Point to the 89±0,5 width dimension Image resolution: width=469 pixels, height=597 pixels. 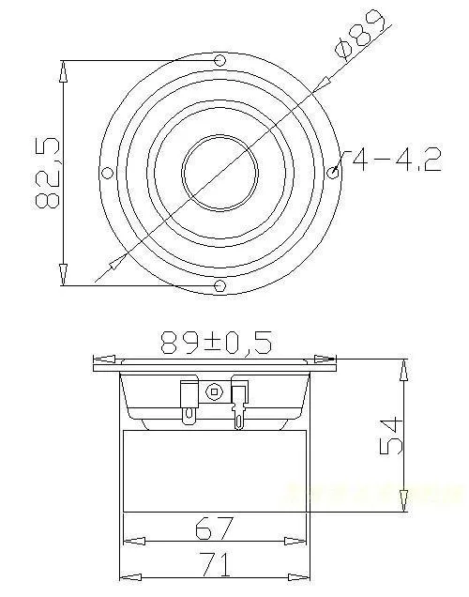coord(216,343)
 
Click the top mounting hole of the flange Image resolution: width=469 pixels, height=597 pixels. coord(220,62)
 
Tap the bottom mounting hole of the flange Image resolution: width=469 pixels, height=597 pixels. coord(220,285)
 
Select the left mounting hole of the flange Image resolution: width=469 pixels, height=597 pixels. coord(107,173)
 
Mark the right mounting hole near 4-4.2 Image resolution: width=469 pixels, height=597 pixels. coord(334,173)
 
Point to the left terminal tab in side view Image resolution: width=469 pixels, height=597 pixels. coord(189,399)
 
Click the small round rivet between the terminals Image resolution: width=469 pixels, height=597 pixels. coord(215,391)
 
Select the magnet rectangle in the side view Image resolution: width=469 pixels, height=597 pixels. coord(215,469)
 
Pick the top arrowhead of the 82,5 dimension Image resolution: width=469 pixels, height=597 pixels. coord(64,71)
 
